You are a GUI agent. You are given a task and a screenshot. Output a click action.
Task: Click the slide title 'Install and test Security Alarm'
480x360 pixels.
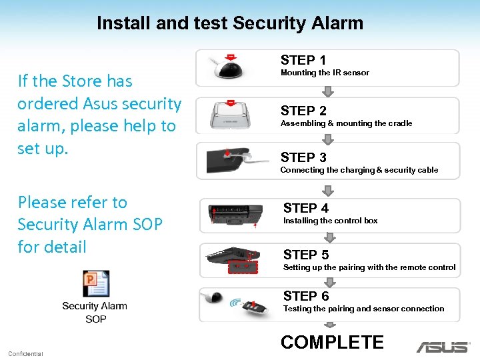click(230, 23)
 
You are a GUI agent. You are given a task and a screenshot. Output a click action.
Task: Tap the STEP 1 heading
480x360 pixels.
click(303, 60)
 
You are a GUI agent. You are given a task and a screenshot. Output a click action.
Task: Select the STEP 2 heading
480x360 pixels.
click(303, 111)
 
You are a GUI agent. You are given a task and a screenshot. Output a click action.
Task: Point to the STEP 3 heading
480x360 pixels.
click(303, 157)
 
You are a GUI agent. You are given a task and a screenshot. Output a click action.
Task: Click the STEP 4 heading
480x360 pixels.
click(305, 208)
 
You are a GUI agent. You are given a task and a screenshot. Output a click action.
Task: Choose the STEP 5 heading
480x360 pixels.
click(305, 255)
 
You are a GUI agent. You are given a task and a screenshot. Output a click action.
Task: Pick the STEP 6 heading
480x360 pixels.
click(305, 296)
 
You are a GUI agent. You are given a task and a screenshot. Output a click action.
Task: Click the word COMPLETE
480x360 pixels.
click(332, 343)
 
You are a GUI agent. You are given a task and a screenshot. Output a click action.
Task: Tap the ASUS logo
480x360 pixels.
click(442, 347)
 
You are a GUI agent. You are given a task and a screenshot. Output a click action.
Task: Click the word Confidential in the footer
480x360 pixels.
click(25, 353)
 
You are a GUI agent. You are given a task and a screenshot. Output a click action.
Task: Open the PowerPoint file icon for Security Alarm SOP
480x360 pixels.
click(95, 284)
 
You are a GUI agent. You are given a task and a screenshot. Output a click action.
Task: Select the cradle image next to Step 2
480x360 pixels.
click(231, 115)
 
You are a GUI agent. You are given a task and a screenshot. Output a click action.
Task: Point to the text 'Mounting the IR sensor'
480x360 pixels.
click(325, 73)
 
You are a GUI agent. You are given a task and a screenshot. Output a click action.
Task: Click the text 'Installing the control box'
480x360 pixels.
click(330, 221)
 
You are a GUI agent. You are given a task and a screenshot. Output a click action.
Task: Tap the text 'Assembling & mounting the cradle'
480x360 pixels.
click(346, 123)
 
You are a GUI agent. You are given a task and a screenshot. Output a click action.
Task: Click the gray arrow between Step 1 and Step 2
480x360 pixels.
click(327, 92)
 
